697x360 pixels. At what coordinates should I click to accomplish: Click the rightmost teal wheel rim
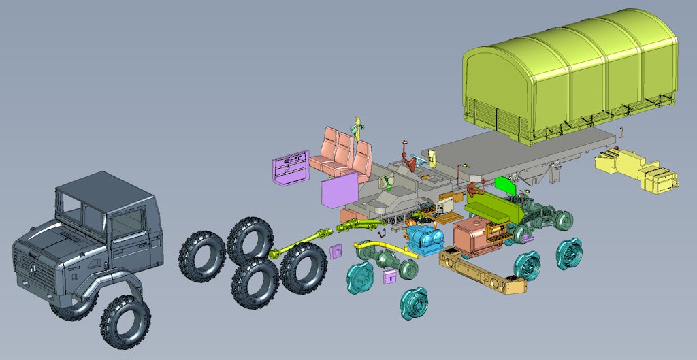(570, 255)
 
